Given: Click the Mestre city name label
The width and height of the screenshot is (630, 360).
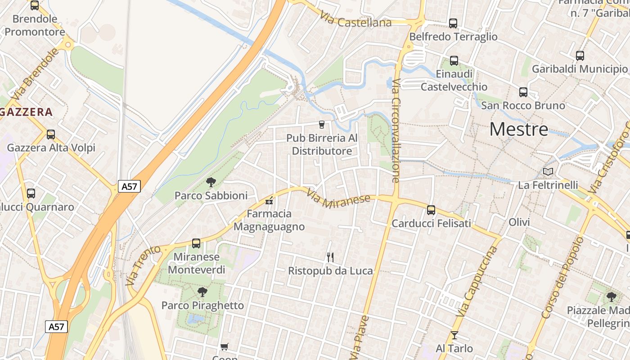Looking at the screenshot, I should pos(519,130).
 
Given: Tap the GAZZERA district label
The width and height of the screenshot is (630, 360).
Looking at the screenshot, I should pos(27,112).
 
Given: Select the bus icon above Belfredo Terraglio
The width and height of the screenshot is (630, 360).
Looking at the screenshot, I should pos(453,23).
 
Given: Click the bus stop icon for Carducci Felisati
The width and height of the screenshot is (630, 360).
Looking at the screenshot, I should pos(431,210).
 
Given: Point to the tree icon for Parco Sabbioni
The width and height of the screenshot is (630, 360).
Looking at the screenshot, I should pos(211,182).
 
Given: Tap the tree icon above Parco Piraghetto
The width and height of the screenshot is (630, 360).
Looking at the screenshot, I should pos(202,292).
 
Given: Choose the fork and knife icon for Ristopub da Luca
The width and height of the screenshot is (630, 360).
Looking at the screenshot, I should pos(330,257).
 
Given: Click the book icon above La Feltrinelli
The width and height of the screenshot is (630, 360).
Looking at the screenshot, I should pos(548,171).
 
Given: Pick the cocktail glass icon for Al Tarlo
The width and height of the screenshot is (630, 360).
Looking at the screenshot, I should pos(454,335).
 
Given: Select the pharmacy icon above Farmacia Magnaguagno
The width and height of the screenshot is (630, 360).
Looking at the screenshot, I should pos(270,201).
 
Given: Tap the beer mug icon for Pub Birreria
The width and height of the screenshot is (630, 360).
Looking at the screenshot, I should pos(322,124).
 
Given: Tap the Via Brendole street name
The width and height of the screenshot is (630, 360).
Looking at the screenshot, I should pos(36,74).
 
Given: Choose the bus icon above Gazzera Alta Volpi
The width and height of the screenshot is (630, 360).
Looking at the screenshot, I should pos(51,134).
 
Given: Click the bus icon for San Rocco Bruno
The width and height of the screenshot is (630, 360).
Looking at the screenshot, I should pos(523,92).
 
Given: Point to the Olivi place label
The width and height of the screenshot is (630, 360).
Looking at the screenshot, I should pos(519,222).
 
